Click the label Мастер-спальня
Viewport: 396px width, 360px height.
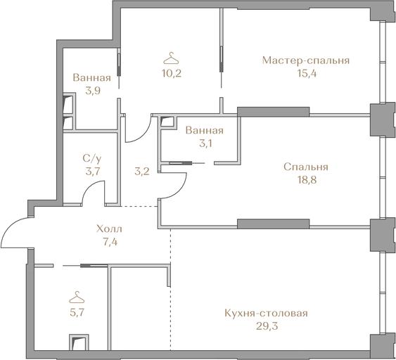click(x=306, y=61)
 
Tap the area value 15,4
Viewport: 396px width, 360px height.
click(x=307, y=74)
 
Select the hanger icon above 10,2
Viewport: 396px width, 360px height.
click(x=171, y=58)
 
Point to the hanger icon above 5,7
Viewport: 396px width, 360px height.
click(x=77, y=297)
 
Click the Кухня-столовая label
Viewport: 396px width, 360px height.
click(x=266, y=314)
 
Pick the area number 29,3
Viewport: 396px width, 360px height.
click(x=267, y=326)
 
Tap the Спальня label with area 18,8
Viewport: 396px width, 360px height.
click(x=306, y=167)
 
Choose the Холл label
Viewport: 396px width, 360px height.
click(x=109, y=229)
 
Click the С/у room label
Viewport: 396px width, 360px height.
click(x=92, y=159)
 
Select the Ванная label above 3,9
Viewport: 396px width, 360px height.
click(x=92, y=78)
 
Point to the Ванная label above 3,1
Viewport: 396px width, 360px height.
click(x=205, y=131)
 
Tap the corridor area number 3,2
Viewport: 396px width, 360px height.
click(x=142, y=172)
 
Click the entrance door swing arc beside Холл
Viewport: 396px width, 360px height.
click(x=10, y=226)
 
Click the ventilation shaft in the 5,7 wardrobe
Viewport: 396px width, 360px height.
click(x=79, y=342)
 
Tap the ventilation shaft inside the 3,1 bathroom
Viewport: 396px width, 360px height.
click(x=167, y=121)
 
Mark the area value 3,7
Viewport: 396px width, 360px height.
click(x=93, y=172)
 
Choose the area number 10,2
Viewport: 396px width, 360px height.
click(x=172, y=74)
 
